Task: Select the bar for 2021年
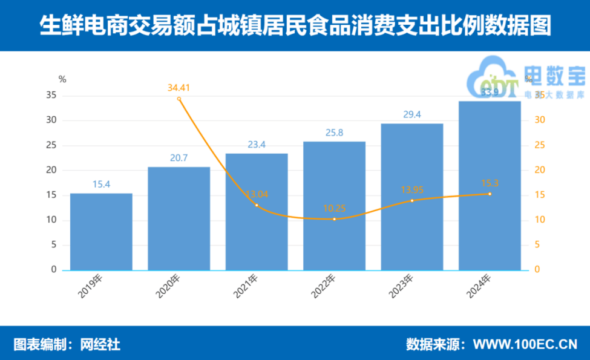pyautogui.click(x=257, y=211)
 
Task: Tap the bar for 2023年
pyautogui.click(x=412, y=197)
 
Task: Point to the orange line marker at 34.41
pyautogui.click(x=179, y=99)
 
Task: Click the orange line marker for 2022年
pyautogui.click(x=335, y=218)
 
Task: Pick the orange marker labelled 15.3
pyautogui.click(x=490, y=194)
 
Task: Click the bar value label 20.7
pyautogui.click(x=179, y=158)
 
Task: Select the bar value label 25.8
pyautogui.click(x=334, y=133)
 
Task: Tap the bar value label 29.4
pyautogui.click(x=412, y=114)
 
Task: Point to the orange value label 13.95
pyautogui.click(x=412, y=190)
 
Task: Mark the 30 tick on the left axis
pyautogui.click(x=51, y=120)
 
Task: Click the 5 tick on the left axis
pyautogui.click(x=54, y=244)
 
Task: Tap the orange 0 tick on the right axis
pyautogui.click(x=538, y=270)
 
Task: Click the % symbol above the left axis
pyautogui.click(x=62, y=78)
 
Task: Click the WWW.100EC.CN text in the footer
pyautogui.click(x=525, y=344)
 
